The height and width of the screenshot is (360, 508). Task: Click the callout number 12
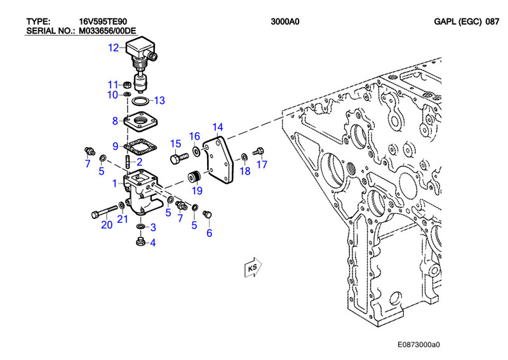(114, 48)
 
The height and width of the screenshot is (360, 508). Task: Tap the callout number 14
(218, 127)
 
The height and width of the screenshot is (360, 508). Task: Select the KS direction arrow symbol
(253, 267)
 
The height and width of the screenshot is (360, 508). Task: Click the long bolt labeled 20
(105, 211)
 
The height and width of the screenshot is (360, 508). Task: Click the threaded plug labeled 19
(195, 177)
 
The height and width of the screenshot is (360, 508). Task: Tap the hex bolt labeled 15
(179, 158)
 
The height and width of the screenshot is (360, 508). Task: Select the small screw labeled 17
(258, 151)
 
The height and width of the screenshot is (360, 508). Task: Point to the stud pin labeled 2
(128, 161)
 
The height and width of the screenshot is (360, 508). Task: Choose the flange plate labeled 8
(140, 121)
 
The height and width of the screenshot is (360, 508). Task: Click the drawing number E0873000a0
(418, 345)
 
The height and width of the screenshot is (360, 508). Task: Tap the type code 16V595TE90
(103, 22)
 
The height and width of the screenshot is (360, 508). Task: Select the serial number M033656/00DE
(107, 31)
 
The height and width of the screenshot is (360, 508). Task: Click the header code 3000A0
(284, 22)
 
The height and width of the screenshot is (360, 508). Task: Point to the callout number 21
(122, 220)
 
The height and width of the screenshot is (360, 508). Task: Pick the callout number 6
(210, 232)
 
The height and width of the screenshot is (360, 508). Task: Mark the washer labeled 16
(196, 150)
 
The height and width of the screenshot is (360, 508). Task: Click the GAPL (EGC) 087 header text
(467, 22)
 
